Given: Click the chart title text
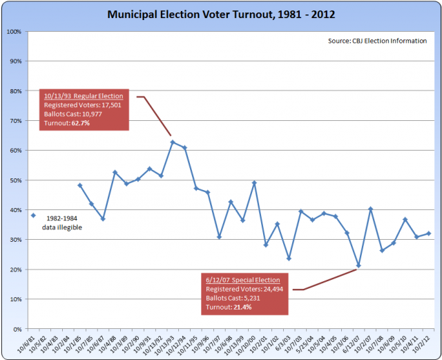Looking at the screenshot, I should (220, 13).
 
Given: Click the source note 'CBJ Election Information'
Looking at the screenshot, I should (378, 41).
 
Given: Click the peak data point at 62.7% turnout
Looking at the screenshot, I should (172, 142).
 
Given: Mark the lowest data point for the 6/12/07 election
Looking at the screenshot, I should (358, 265).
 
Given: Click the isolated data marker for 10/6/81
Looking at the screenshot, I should (33, 215).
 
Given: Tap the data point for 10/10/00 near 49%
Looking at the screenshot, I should (254, 182).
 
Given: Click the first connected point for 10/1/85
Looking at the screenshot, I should (79, 185).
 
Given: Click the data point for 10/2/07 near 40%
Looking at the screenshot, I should (370, 208).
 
